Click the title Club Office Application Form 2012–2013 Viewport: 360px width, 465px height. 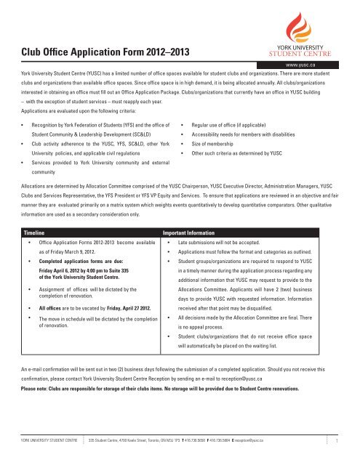pos(94,48)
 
